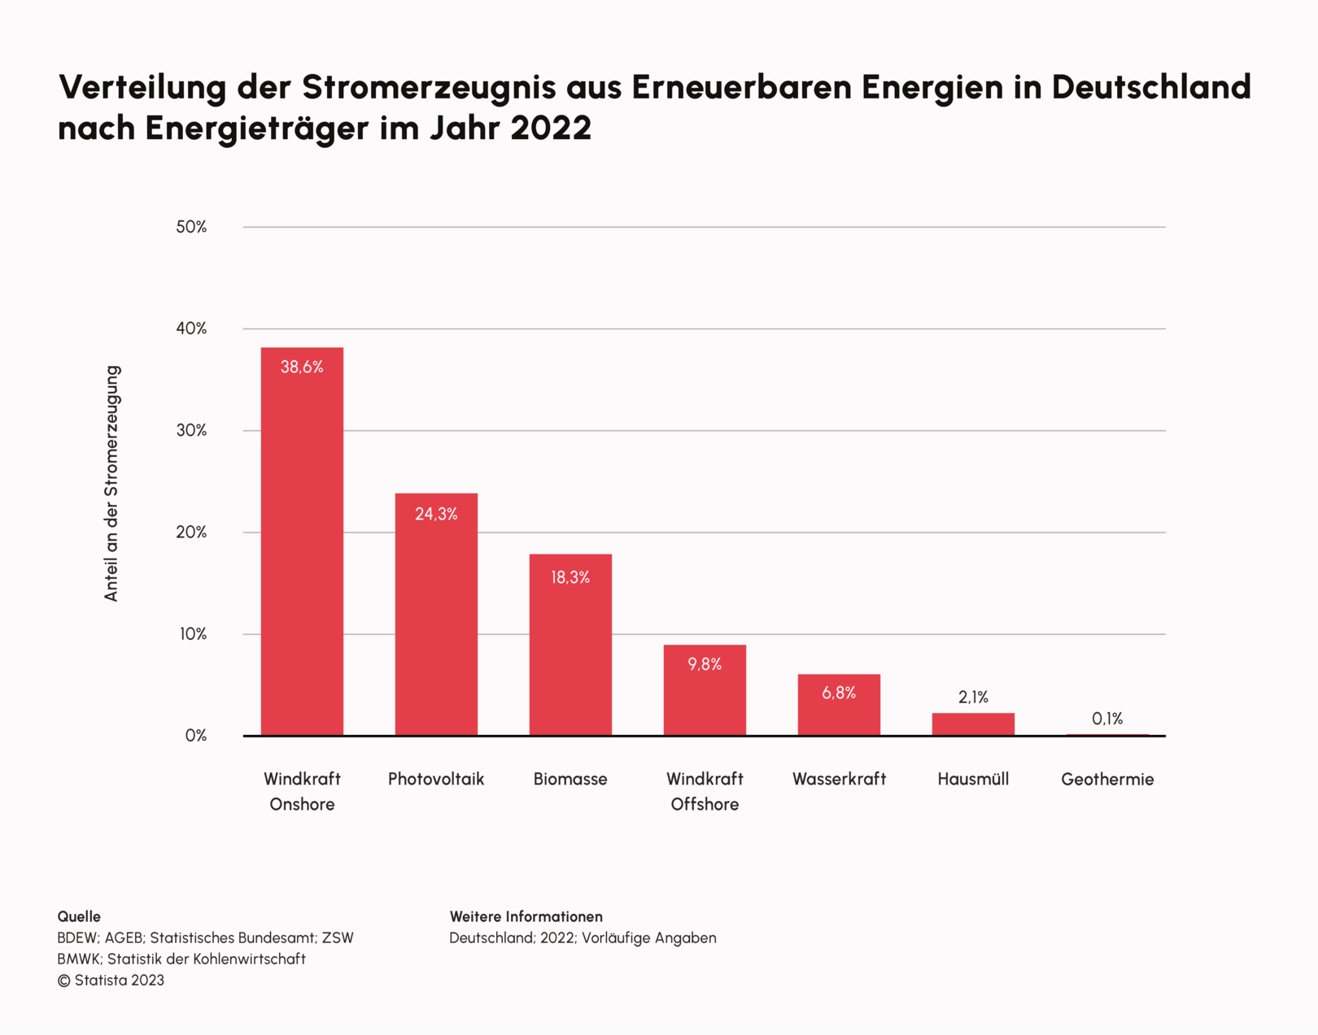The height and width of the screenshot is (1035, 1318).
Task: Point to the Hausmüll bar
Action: [x=973, y=724]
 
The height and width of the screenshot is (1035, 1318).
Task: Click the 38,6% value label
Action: [x=302, y=367]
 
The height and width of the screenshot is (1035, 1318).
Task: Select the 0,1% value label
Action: [x=1107, y=719]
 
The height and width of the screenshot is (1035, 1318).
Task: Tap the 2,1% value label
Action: [x=973, y=697]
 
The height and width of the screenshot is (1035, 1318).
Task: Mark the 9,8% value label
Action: [x=705, y=664]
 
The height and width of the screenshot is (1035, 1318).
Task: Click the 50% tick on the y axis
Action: [x=191, y=227]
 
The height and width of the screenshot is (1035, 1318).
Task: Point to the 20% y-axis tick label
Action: [x=191, y=533]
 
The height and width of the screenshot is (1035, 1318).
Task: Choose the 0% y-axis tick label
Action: [x=195, y=736]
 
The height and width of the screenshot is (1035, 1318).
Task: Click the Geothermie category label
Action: [x=1107, y=780]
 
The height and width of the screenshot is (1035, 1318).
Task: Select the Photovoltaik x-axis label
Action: [x=436, y=779]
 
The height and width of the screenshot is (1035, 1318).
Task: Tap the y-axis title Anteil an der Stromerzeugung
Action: [x=111, y=483]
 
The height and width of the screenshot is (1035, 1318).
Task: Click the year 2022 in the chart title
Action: [x=551, y=128]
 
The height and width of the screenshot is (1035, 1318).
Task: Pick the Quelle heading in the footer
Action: [x=79, y=916]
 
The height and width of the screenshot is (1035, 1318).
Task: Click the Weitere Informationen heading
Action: [x=526, y=916]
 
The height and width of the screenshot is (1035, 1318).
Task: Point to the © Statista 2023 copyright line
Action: [x=111, y=981]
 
